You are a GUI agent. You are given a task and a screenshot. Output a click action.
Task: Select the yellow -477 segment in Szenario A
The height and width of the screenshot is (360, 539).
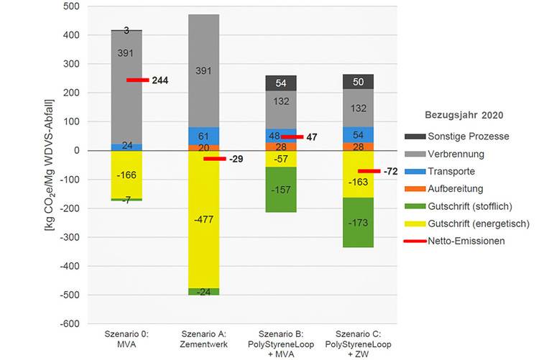tap(203, 219)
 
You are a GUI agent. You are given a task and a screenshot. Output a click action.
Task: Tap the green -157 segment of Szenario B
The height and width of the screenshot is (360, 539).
tap(281, 190)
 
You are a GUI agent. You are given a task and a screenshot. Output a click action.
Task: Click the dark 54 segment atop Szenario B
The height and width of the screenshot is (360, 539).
tap(281, 83)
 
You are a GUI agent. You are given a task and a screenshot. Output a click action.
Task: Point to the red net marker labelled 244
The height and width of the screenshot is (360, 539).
tap(137, 80)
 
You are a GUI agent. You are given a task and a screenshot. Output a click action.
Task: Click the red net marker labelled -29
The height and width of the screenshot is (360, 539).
tap(215, 159)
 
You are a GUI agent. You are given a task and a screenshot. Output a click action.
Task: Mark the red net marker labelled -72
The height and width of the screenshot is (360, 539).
tap(369, 171)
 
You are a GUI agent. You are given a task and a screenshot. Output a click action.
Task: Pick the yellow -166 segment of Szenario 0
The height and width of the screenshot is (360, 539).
tap(126, 175)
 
